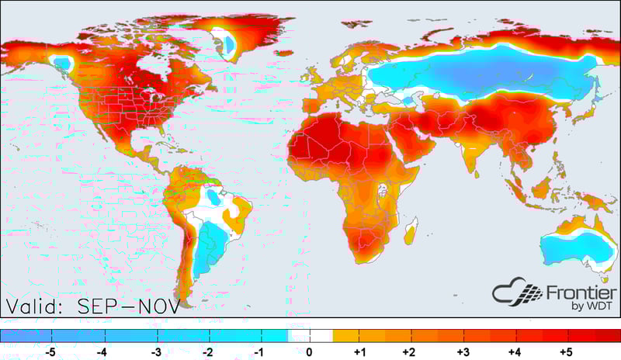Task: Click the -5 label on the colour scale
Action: tap(52, 351)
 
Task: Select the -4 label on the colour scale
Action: tap(101, 351)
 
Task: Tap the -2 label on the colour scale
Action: tap(207, 351)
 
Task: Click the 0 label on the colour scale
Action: tap(310, 351)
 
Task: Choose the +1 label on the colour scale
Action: tap(360, 351)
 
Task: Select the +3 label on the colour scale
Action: tap(463, 351)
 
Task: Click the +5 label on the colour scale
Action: tap(565, 351)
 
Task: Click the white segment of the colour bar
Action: tap(310, 336)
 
